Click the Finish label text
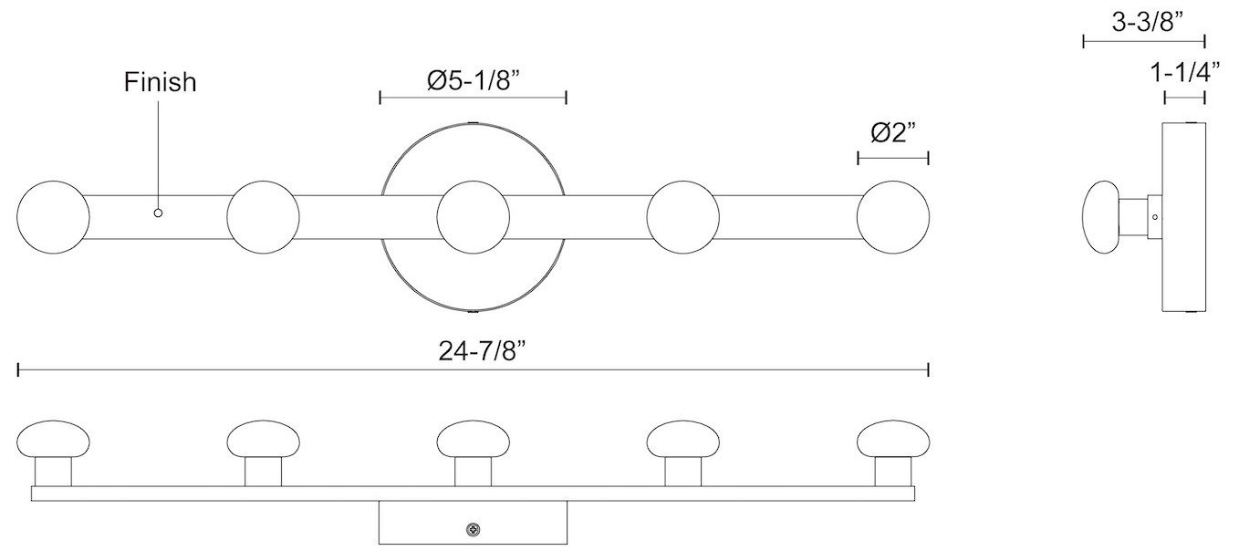pos(160,82)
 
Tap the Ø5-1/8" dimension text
pos(473,80)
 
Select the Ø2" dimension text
pos(893,133)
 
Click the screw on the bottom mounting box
pos(474,528)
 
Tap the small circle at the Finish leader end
pos(158,213)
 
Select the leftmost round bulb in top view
pos(54,218)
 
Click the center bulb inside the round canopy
pos(473,218)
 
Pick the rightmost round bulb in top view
pos(893,218)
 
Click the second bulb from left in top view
pos(264,218)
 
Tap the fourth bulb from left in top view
pos(682,218)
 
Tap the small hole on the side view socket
pos(1154,218)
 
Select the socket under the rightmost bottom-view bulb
pos(893,472)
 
